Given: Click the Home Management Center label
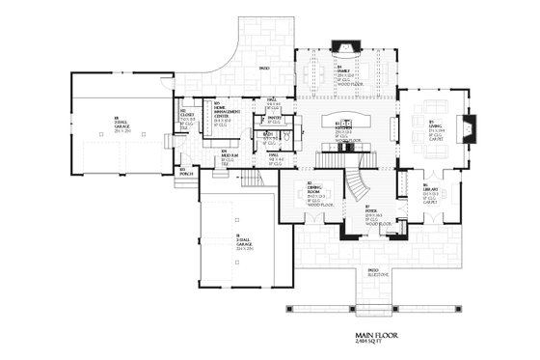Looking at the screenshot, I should (221, 109).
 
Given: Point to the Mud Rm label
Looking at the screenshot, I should (227, 155).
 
